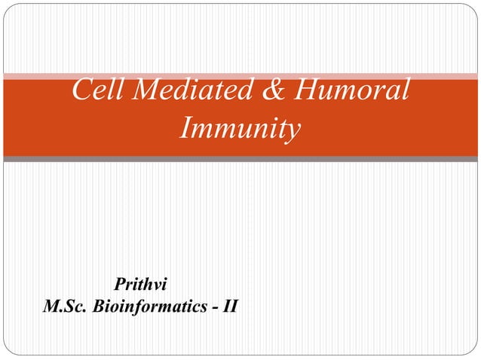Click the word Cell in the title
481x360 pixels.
(x=97, y=91)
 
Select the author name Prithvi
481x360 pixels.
(x=140, y=285)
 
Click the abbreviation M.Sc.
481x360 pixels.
(x=66, y=307)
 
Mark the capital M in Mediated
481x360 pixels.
(x=143, y=91)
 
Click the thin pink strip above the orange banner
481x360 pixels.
(x=240, y=75)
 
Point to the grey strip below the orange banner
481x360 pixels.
(x=240, y=159)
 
